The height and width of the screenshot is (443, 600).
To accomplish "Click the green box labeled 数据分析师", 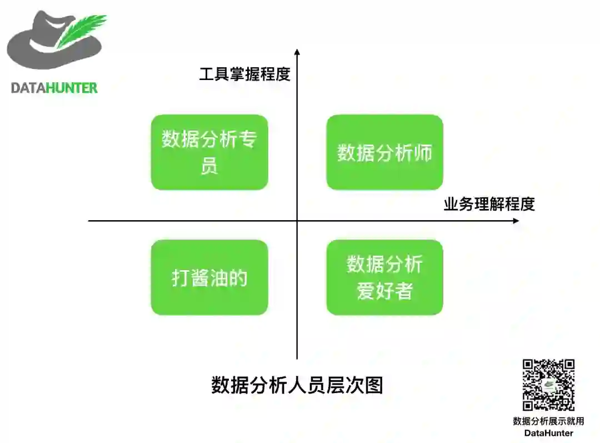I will tap(384, 152).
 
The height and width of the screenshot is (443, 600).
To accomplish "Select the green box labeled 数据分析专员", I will tap(209, 152).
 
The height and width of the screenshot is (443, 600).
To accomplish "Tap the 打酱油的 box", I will tap(209, 277).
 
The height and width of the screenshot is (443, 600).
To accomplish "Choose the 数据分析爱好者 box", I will tap(384, 277).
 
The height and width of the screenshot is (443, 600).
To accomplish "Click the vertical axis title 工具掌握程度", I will tap(244, 74).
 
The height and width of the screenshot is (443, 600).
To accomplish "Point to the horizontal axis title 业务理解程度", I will tap(489, 204).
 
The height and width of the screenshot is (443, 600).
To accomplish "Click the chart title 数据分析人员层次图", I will tap(297, 385).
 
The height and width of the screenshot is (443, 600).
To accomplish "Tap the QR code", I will tap(548, 385).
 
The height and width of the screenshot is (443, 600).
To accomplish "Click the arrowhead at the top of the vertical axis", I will tap(297, 52).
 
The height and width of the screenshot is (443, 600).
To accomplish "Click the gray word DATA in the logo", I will tap(28, 88).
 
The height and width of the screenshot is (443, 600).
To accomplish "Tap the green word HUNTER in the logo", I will tap(72, 88).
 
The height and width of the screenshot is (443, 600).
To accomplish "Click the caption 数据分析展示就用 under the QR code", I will tap(548, 421).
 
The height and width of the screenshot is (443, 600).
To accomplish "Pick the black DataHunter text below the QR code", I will tap(548, 432).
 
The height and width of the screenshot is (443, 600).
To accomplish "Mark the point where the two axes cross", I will tap(297, 221).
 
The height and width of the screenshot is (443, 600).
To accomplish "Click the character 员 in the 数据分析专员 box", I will tap(209, 166).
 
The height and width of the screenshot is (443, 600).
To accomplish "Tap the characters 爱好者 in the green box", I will tap(384, 291).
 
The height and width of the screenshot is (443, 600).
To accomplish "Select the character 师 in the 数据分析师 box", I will tap(423, 153).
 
